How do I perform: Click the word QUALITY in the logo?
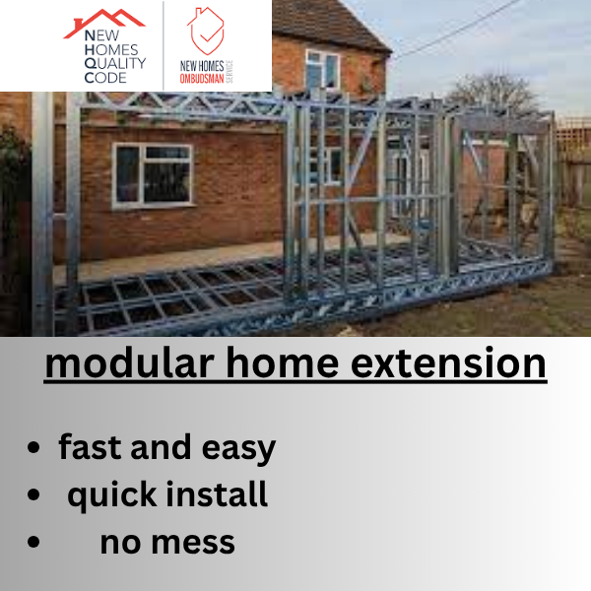(x=115, y=64)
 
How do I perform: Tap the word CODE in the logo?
(x=105, y=78)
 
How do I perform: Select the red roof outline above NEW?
(x=104, y=23)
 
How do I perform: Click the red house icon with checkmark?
(x=206, y=31)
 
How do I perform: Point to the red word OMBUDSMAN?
(x=202, y=79)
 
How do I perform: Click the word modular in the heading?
(x=129, y=362)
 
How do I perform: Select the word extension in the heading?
(x=448, y=362)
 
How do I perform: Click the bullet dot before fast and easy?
(x=33, y=447)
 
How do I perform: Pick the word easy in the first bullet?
(x=238, y=449)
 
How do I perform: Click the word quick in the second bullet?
(x=112, y=494)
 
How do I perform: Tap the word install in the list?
(x=217, y=493)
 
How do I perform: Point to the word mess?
(x=193, y=543)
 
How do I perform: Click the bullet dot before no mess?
(x=33, y=542)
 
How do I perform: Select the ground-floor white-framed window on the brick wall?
(x=153, y=175)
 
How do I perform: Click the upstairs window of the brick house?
(x=323, y=69)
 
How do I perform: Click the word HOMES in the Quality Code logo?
(x=111, y=50)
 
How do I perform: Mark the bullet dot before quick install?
(x=33, y=494)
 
